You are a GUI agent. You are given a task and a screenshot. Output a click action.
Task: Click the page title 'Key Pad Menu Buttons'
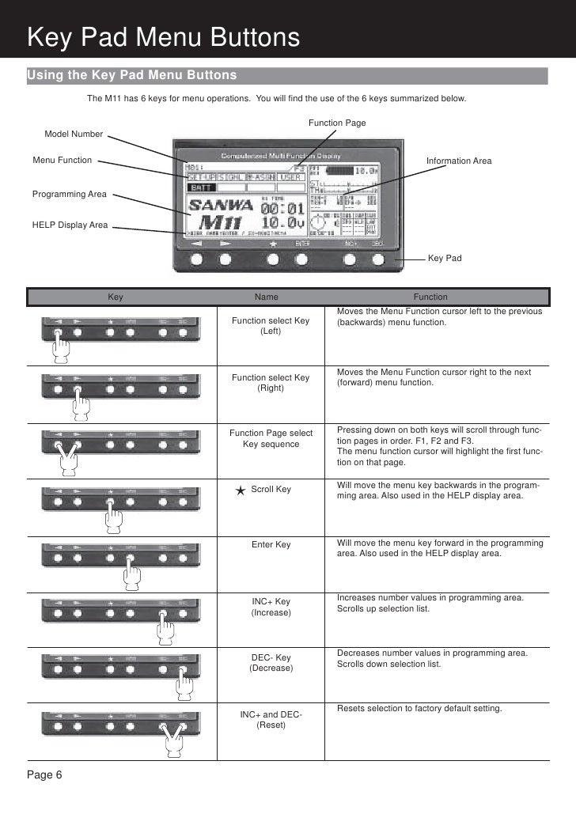click(x=163, y=37)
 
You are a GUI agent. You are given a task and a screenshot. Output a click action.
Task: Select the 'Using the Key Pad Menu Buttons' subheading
click(x=132, y=75)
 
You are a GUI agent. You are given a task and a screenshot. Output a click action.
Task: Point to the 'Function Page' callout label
click(x=337, y=123)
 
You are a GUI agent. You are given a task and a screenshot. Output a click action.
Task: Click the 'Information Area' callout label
click(x=459, y=161)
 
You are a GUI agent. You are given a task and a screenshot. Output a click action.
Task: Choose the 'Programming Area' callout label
click(x=70, y=194)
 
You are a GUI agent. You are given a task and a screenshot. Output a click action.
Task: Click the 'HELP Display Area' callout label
click(x=70, y=225)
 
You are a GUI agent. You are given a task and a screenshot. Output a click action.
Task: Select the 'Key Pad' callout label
click(x=445, y=259)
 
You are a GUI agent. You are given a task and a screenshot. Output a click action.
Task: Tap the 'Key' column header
click(x=116, y=297)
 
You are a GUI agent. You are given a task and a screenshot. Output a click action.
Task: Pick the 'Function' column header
click(x=430, y=297)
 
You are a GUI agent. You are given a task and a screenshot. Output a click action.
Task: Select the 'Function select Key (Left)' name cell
click(x=271, y=326)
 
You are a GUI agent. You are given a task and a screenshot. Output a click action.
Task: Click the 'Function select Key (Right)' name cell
click(x=271, y=383)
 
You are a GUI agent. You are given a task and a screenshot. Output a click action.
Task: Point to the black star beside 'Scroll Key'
click(x=241, y=490)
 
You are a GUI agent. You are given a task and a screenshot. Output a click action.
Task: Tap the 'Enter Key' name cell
click(x=271, y=545)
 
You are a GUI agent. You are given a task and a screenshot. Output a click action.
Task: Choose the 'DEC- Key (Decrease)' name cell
click(x=271, y=663)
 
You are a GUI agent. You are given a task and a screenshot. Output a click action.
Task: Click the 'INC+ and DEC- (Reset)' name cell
click(x=271, y=720)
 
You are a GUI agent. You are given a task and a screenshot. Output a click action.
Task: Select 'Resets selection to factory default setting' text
click(x=419, y=708)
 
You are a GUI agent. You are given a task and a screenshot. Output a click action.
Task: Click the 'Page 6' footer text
click(x=45, y=774)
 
